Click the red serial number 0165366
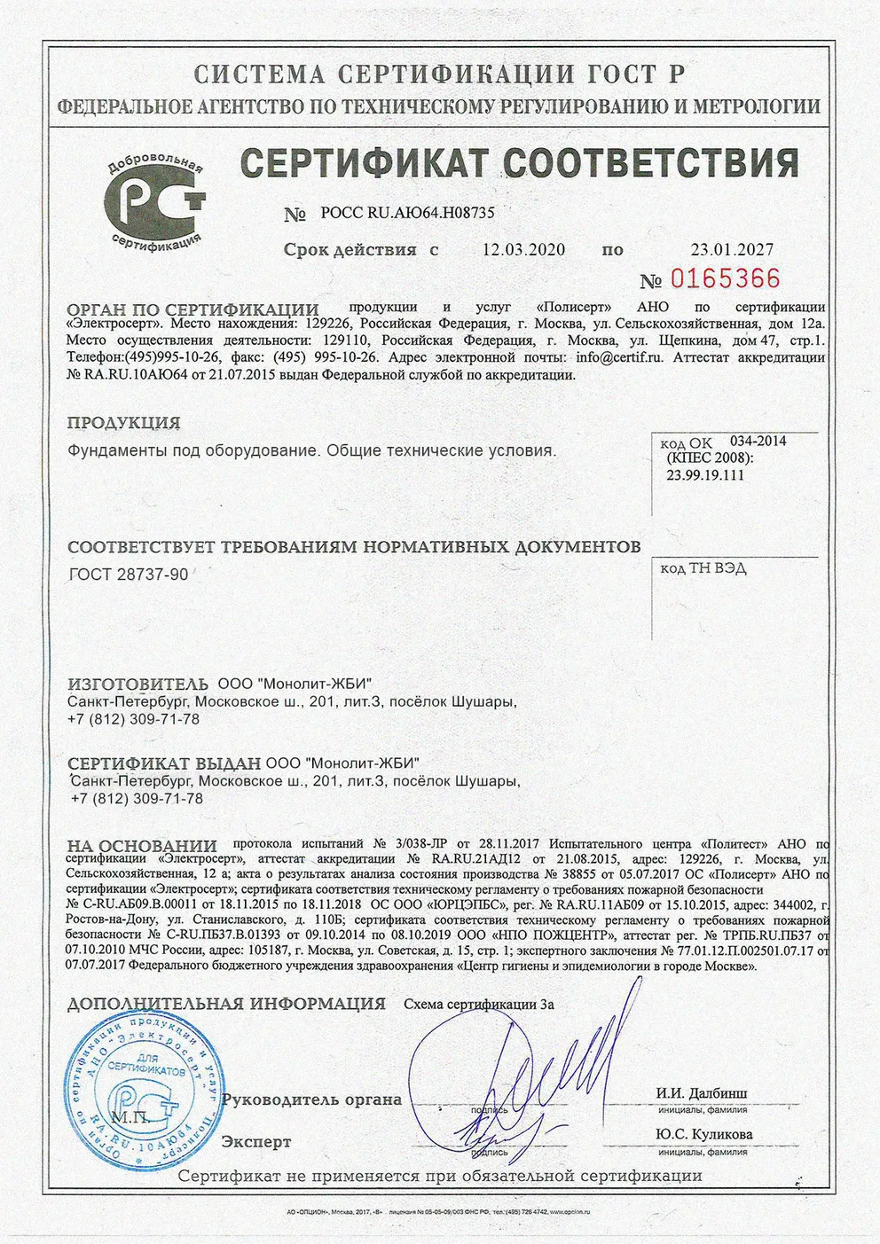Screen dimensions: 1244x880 click(724, 279)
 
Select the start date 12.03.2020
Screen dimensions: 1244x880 click(523, 250)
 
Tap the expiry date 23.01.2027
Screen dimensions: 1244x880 click(732, 250)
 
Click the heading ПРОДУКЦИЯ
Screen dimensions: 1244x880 click(123, 423)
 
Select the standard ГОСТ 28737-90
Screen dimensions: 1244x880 click(129, 575)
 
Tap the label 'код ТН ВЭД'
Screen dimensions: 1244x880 click(703, 568)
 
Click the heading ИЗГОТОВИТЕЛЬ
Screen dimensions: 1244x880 click(138, 685)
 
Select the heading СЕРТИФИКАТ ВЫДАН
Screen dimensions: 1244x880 click(164, 763)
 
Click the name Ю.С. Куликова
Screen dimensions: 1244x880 click(704, 1134)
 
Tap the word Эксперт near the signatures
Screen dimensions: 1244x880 click(256, 1142)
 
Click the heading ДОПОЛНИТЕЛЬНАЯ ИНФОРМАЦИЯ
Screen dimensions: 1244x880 click(226, 1005)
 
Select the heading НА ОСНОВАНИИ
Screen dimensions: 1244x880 click(142, 846)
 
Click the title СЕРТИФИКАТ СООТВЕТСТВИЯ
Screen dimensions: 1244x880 click(520, 164)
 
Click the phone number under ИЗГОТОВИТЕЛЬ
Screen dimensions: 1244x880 click(133, 719)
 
